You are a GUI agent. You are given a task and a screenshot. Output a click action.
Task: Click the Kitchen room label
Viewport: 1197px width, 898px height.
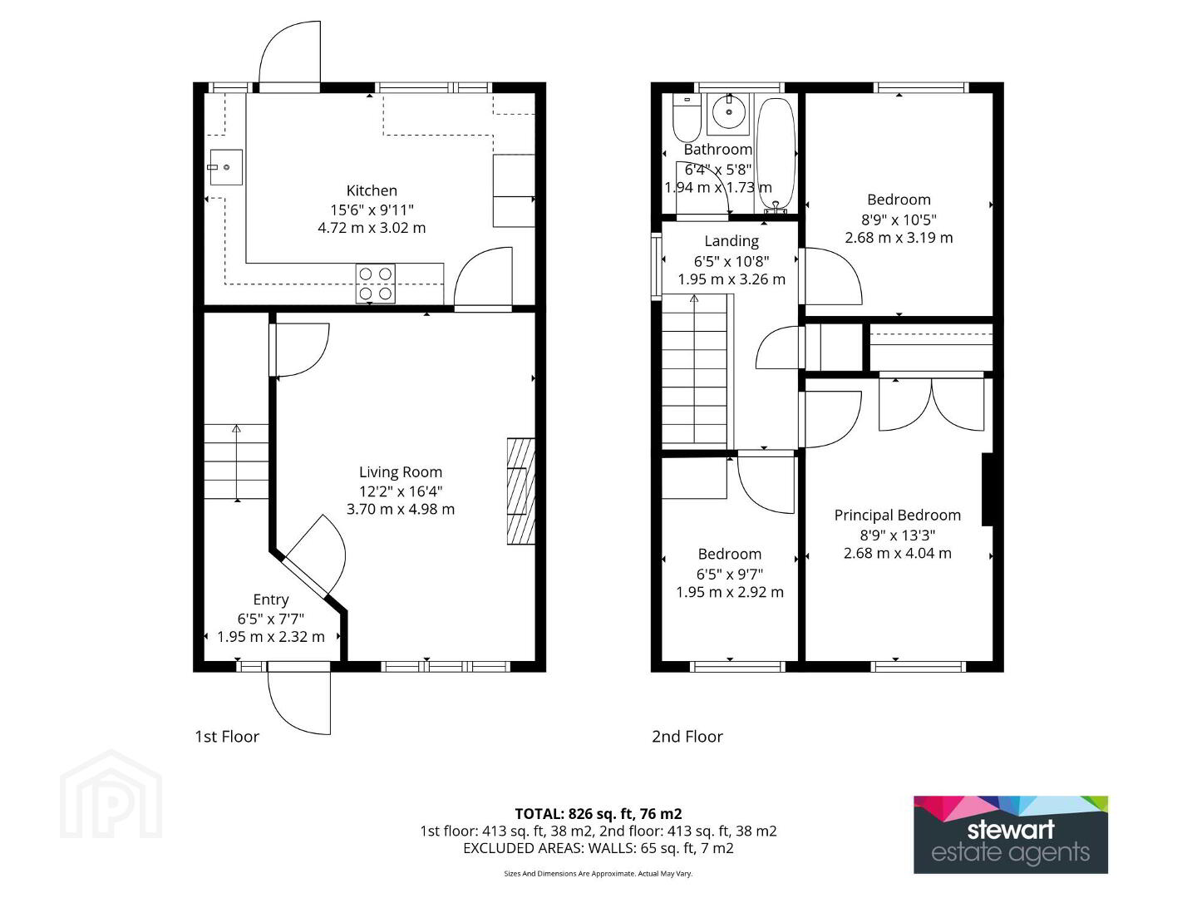point(372,191)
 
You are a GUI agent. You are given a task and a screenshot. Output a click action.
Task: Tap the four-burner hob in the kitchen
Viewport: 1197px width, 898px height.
point(376,284)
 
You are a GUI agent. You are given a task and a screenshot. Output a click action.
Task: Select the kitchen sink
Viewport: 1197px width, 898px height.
point(225,167)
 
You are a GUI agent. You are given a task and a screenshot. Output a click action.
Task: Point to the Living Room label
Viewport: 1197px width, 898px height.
point(401,472)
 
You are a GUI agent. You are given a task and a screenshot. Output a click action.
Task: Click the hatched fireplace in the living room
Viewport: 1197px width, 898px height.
point(521,491)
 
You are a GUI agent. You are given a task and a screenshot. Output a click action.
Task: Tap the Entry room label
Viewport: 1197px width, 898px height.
point(271,599)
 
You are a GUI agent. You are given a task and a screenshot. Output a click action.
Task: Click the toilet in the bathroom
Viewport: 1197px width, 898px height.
point(687,118)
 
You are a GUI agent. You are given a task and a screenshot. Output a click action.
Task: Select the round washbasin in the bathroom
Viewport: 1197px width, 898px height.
point(728,111)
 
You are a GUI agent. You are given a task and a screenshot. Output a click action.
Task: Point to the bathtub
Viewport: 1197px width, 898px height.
point(776,155)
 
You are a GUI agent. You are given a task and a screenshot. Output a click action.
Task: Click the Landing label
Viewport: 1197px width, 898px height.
point(731,241)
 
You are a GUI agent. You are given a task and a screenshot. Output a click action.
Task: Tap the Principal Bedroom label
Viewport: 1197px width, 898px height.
point(897,516)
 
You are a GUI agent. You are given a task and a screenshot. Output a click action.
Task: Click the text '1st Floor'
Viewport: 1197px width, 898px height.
point(227,737)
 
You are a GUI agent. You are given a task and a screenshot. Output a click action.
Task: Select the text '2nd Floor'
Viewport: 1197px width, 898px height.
point(687,737)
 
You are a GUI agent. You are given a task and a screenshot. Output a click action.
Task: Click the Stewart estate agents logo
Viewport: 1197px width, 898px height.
point(1011,834)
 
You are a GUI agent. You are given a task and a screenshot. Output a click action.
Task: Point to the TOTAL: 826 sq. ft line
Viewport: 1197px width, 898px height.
point(598,814)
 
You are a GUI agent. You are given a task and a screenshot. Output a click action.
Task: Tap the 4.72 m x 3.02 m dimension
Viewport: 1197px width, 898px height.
point(372,228)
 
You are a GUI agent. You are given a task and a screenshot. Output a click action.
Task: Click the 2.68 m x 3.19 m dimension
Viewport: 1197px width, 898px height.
point(899,238)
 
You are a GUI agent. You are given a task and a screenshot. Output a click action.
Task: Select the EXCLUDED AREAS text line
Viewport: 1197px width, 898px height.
point(598,848)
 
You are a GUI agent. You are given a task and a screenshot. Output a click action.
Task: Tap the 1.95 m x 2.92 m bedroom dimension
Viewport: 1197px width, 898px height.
point(730,592)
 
